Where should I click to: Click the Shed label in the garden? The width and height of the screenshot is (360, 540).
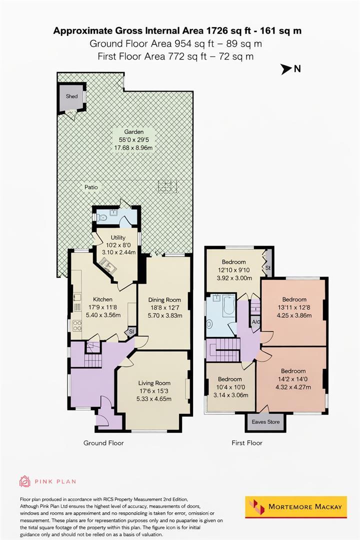(71, 96)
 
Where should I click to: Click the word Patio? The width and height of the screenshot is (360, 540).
(91, 187)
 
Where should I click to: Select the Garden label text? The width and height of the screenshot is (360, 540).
(134, 131)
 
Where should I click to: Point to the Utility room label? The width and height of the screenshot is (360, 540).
(118, 237)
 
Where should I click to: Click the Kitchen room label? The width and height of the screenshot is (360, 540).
(102, 299)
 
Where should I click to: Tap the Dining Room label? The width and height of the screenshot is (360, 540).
(164, 299)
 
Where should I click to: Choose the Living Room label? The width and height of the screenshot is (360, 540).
(154, 383)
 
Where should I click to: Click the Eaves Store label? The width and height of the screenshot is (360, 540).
(265, 422)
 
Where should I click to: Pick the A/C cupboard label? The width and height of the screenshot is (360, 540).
(255, 322)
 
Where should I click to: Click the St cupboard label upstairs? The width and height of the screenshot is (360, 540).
(267, 267)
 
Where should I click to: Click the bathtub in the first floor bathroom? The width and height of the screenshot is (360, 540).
(228, 305)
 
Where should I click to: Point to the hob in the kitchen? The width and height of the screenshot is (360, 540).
(77, 325)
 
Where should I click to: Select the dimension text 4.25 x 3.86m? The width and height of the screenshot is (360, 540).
(294, 315)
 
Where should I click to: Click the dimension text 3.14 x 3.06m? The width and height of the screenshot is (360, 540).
(230, 395)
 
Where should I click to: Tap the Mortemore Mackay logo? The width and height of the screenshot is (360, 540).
(296, 507)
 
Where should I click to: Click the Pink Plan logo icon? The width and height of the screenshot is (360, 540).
(25, 481)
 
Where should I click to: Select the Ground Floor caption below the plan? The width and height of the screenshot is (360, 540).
(103, 443)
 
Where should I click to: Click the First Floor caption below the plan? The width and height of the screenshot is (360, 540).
(247, 443)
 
